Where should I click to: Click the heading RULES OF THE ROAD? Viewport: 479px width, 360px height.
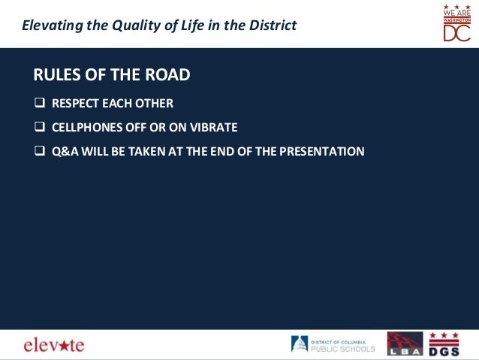(111, 74)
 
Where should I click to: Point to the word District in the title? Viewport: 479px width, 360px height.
(272, 26)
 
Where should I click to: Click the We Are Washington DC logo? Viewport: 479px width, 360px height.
(456, 23)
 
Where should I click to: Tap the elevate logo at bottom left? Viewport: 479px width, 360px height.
(54, 345)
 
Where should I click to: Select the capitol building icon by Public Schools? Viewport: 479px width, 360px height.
(299, 343)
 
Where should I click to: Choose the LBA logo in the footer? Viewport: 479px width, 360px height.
(405, 343)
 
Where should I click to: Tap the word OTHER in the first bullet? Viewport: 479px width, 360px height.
(156, 103)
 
